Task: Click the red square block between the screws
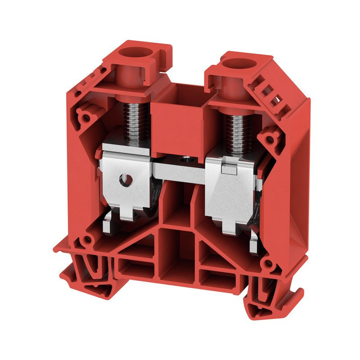[x=178, y=119]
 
